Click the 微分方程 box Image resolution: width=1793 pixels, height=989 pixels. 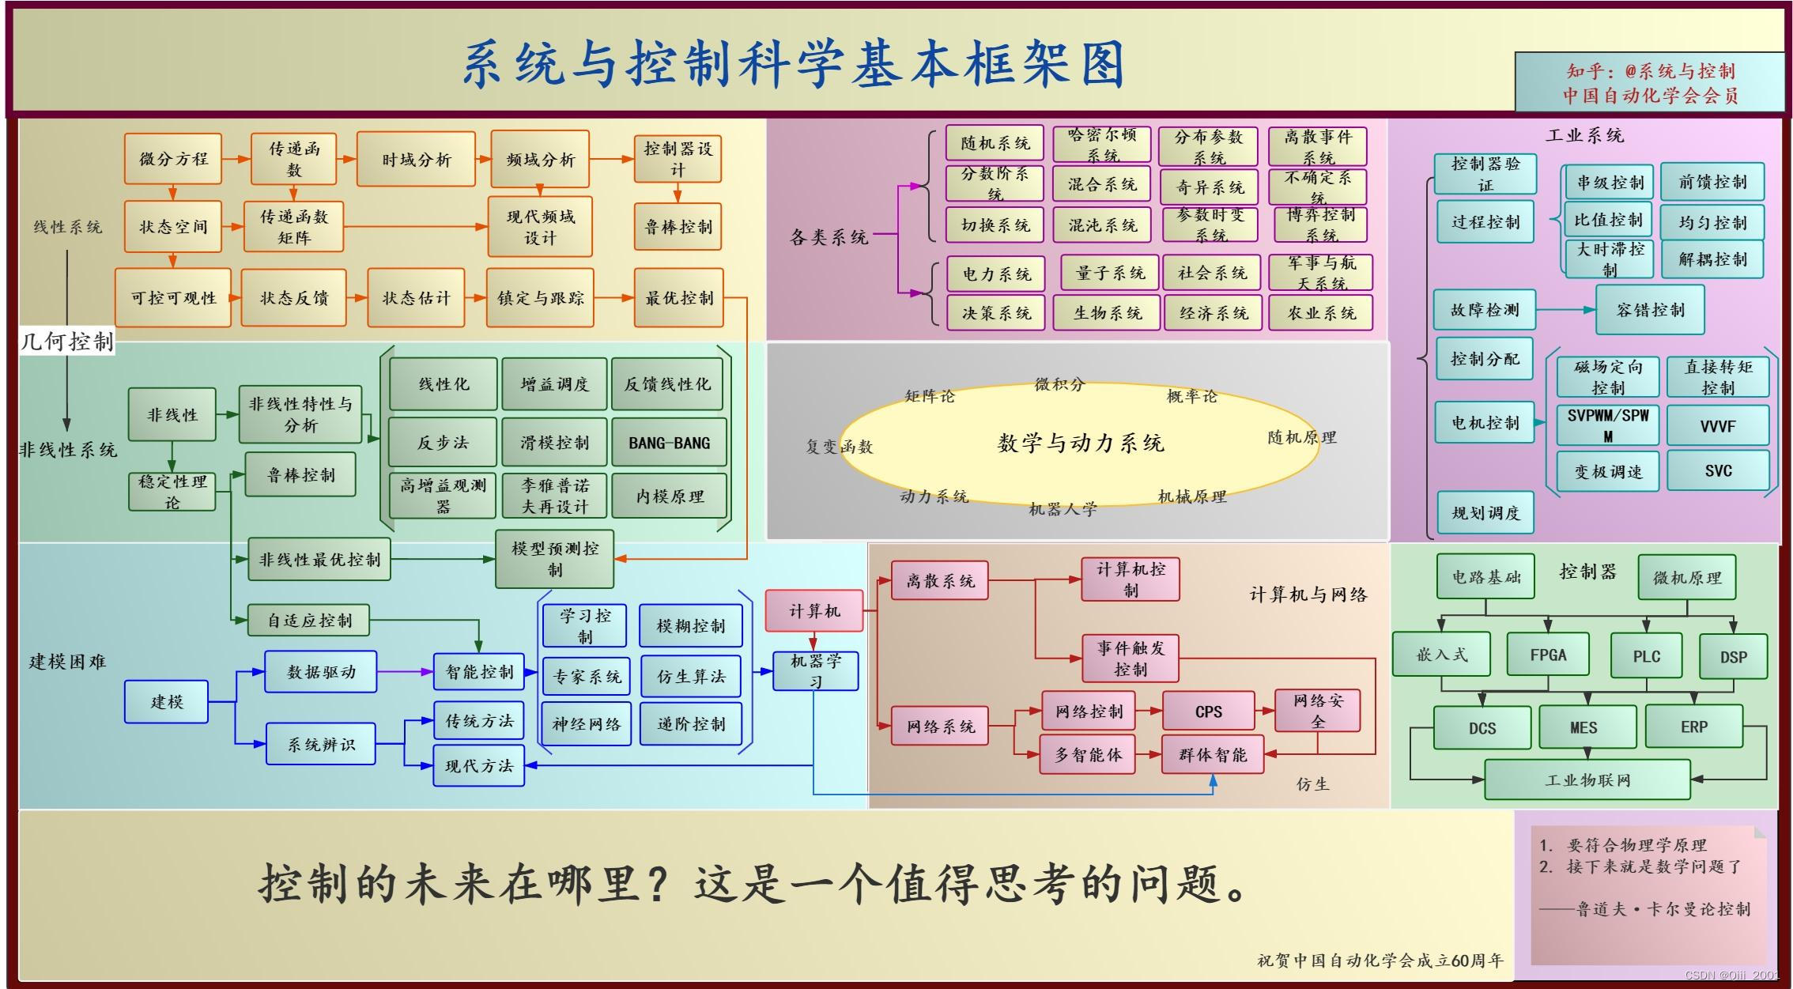tap(172, 159)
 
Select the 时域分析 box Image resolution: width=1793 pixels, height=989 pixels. tap(416, 160)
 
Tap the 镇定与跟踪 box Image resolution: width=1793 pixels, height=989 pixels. tap(540, 298)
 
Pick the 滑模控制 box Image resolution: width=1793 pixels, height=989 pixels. tap(554, 443)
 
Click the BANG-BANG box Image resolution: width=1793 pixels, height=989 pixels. tap(669, 443)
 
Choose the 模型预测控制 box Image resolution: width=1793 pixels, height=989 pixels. tap(554, 559)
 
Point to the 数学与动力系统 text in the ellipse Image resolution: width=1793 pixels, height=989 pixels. tap(1080, 443)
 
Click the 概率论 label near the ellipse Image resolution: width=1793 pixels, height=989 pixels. tap(1191, 396)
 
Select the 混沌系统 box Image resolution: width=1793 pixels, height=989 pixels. tap(1102, 225)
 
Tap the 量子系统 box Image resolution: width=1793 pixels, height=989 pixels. tap(1109, 274)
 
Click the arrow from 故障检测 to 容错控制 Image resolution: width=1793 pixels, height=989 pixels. tap(1565, 310)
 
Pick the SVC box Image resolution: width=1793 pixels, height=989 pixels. tap(1718, 471)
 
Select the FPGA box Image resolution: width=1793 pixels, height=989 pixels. tap(1547, 655)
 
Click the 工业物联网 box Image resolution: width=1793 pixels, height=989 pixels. tap(1587, 780)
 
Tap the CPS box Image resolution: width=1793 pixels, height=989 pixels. tap(1208, 712)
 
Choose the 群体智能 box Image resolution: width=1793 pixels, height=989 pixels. tap(1212, 755)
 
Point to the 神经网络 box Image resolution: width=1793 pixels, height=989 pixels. tap(586, 724)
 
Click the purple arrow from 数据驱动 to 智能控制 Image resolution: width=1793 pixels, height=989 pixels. tap(405, 672)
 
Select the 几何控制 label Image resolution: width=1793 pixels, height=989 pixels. tap(67, 342)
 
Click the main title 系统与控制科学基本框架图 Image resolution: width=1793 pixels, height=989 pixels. tap(793, 63)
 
